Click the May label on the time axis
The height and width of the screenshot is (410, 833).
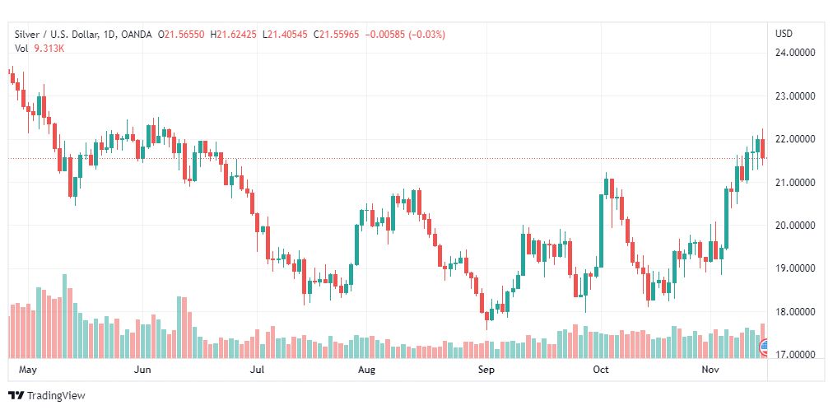tap(28, 370)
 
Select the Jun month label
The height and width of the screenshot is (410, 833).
tap(142, 370)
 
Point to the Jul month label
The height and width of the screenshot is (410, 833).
tap(257, 370)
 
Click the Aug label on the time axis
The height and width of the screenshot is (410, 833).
tap(366, 370)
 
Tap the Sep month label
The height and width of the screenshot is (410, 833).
tap(486, 370)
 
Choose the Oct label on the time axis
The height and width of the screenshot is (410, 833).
tap(601, 370)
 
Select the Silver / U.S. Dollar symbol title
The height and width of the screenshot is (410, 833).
tap(54, 35)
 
